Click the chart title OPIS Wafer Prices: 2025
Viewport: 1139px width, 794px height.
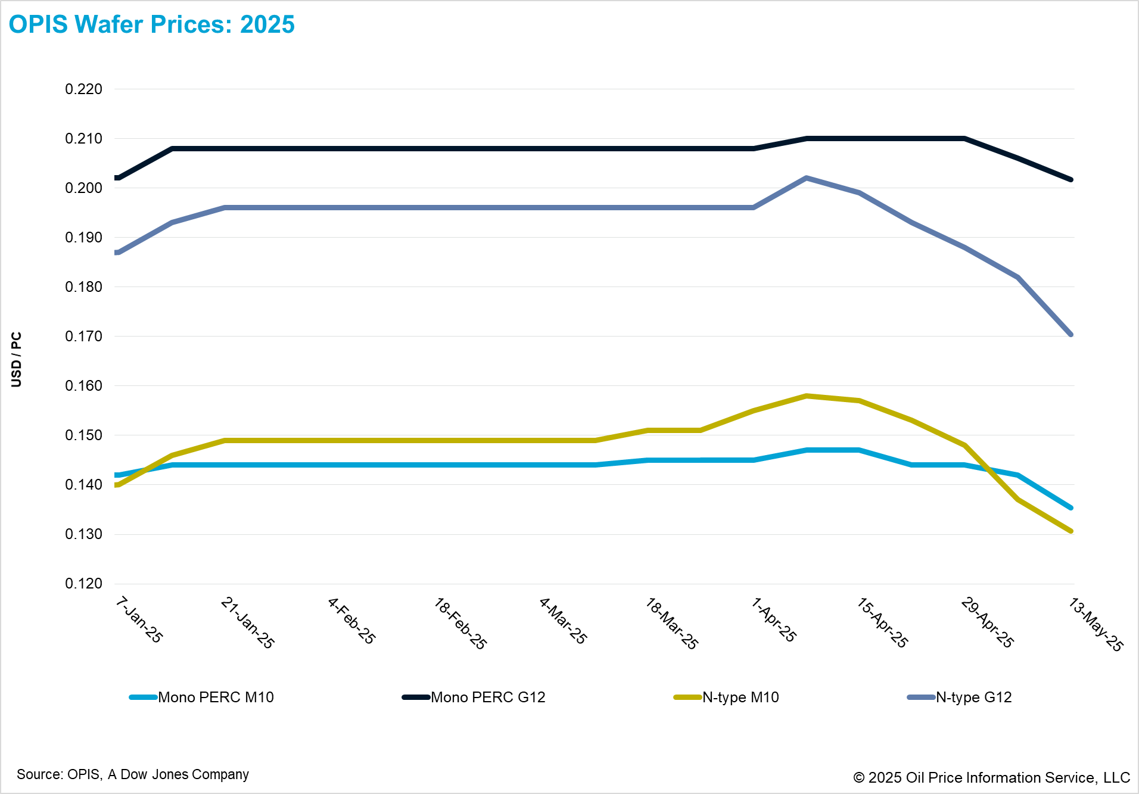[x=151, y=24]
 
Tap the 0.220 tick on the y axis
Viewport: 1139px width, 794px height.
[x=83, y=89]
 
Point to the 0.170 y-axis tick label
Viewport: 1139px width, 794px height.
[x=83, y=337]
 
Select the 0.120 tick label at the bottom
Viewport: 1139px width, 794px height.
[x=83, y=584]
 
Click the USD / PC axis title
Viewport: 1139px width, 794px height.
[x=17, y=359]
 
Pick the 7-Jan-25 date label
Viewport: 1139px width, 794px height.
[x=139, y=620]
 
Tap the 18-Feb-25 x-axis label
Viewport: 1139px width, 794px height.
[x=460, y=624]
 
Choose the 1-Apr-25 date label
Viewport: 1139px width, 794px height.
[x=773, y=620]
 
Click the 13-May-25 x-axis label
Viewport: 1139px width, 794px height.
[x=1095, y=624]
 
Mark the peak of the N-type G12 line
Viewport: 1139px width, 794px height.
[x=806, y=178]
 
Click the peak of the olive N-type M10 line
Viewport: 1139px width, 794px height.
[x=806, y=396]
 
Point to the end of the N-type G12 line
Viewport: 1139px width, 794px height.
[x=1070, y=334]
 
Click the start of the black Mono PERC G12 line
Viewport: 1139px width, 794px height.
[x=118, y=178]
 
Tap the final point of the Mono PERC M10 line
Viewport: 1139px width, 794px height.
[x=1070, y=507]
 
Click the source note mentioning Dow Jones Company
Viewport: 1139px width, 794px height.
[x=133, y=774]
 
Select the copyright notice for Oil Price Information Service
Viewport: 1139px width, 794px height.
[x=991, y=777]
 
